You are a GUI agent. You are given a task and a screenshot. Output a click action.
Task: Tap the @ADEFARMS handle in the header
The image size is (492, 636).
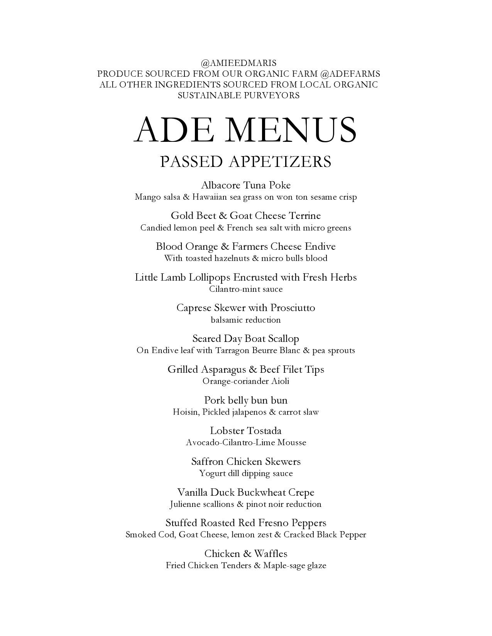[350, 74]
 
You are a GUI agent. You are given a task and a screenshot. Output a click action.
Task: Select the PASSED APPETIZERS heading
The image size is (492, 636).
[246, 162]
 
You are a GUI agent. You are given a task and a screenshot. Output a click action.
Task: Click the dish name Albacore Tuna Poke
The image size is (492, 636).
[246, 185]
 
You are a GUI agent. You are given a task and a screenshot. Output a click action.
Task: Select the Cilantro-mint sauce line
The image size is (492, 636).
[246, 289]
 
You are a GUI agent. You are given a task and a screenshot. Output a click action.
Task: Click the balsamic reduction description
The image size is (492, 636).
[246, 320]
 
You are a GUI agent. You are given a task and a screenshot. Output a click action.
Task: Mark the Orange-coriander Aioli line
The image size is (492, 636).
[246, 381]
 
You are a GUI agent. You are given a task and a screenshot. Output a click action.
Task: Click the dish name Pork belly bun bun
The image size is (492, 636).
[246, 400]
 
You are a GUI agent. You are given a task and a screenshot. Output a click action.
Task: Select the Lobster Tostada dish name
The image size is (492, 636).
[246, 431]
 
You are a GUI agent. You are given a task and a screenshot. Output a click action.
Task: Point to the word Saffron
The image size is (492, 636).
[207, 461]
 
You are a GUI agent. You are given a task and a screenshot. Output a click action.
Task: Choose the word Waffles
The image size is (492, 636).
[271, 554]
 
